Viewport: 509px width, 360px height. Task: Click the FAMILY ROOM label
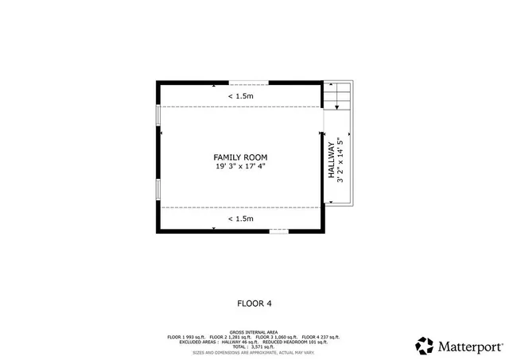pyautogui.click(x=239, y=157)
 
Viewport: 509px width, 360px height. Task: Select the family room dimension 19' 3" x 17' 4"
pyautogui.click(x=239, y=167)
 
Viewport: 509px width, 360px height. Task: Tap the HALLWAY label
pyautogui.click(x=332, y=160)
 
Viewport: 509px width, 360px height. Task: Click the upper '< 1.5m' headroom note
pyautogui.click(x=241, y=96)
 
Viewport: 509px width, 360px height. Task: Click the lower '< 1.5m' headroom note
pyautogui.click(x=241, y=219)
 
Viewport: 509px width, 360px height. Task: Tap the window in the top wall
pyautogui.click(x=249, y=82)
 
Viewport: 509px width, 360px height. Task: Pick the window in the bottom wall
pyautogui.click(x=278, y=230)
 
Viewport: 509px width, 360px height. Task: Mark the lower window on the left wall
pyautogui.click(x=157, y=189)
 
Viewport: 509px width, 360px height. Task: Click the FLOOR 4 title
pyautogui.click(x=254, y=303)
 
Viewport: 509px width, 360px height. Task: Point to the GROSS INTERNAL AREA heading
pyautogui.click(x=254, y=331)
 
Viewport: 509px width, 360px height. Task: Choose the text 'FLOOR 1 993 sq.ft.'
pyautogui.click(x=187, y=337)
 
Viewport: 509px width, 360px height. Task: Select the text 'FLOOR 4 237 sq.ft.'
pyautogui.click(x=321, y=337)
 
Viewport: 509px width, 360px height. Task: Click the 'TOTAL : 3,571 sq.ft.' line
pyautogui.click(x=254, y=346)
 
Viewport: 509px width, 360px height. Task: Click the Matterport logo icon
pyautogui.click(x=425, y=346)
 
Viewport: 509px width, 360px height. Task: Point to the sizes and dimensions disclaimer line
pyautogui.click(x=254, y=352)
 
